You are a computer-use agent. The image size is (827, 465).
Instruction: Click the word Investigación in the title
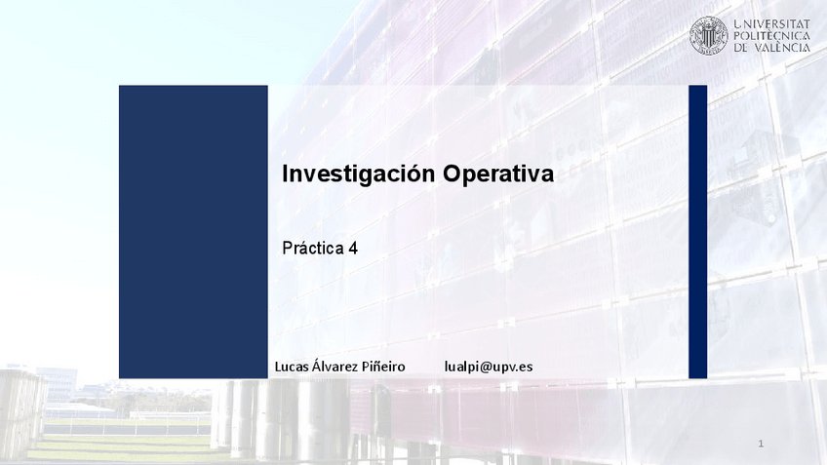pos(359,174)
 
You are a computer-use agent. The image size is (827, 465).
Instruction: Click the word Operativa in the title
pos(498,174)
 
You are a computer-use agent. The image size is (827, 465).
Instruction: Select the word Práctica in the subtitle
pos(313,248)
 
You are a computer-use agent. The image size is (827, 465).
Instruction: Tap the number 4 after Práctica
pos(353,249)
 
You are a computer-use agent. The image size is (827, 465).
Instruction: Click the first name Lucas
pos(292,367)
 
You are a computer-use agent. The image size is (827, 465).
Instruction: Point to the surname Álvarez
pos(335,366)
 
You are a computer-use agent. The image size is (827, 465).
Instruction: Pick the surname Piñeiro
pos(384,366)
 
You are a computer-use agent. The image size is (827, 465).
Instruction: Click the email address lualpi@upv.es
pos(489,367)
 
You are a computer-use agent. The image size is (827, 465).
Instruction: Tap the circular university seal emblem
pos(709,35)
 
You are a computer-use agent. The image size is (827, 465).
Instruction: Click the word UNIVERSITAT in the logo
pos(772,23)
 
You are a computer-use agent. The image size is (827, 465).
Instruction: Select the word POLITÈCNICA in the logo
pos(772,36)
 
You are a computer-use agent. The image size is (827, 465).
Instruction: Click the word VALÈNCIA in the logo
pos(782,48)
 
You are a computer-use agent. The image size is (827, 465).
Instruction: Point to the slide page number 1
pos(761,444)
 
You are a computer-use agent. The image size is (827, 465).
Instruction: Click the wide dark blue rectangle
pos(193,232)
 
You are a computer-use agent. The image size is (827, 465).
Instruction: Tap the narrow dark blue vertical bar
pos(698,232)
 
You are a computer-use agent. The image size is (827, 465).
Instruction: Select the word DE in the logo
pos(741,48)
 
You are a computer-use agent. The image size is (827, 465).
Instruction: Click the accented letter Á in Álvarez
pos(316,365)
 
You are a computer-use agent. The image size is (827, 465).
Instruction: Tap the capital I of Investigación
pos(285,174)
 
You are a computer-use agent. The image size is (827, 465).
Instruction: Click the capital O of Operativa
pos(452,174)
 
